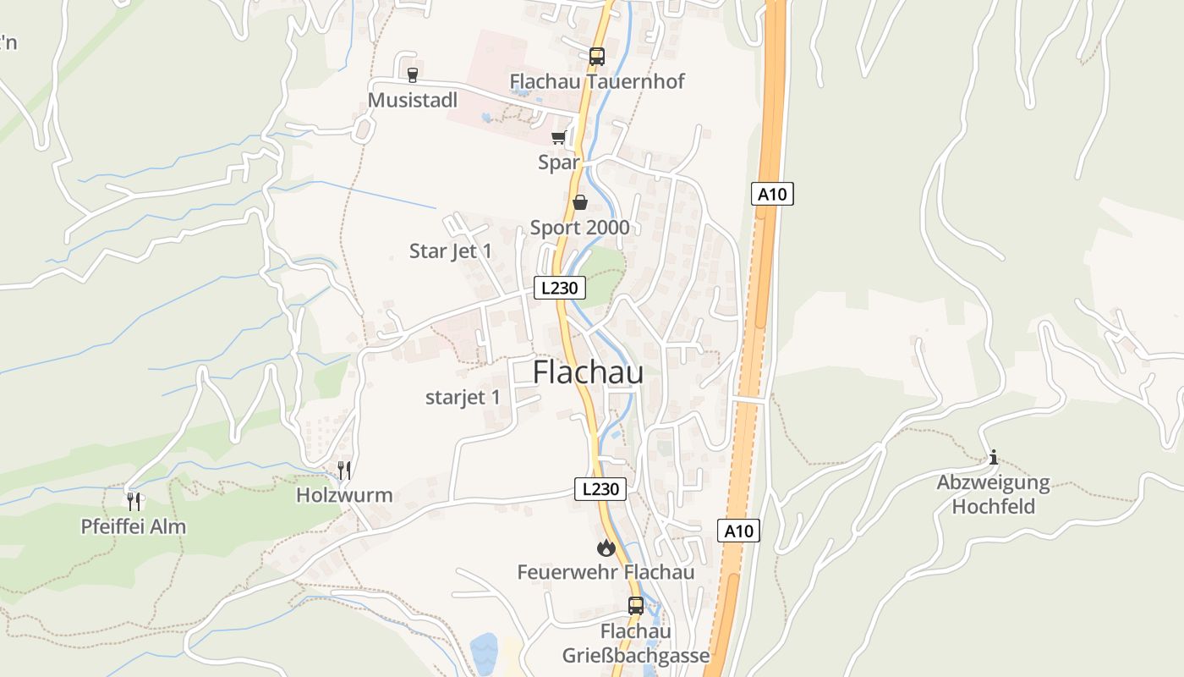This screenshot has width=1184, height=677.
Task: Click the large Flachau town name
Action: coord(588,372)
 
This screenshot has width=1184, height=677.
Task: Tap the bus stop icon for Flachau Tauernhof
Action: coord(597,57)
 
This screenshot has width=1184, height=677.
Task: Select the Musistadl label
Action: coord(412,101)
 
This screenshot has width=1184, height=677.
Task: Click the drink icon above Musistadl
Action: coord(413,75)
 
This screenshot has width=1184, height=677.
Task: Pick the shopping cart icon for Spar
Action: coord(558,138)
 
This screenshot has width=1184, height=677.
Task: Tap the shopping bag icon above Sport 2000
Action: coord(580,202)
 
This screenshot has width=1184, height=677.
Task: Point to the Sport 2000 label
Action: coord(579,228)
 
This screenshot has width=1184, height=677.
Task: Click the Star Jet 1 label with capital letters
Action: coord(450,251)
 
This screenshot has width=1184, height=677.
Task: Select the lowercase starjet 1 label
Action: coord(463,397)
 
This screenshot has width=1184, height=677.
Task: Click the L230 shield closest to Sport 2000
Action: coord(560,288)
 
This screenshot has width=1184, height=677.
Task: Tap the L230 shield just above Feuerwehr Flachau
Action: coord(600,488)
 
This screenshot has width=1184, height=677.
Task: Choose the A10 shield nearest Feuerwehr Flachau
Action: coord(739,531)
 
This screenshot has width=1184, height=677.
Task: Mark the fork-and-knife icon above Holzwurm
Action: coord(344,470)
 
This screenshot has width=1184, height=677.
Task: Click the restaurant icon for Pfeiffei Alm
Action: coord(134,501)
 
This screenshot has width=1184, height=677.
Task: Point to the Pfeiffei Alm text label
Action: coord(133,526)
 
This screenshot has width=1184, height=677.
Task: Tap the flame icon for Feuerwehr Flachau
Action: coord(606,548)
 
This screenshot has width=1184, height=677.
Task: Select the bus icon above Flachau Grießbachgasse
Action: coord(636,606)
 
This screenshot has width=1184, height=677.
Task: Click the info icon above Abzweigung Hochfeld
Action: coord(993,458)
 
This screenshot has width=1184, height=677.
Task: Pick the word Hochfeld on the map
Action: coord(993,507)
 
